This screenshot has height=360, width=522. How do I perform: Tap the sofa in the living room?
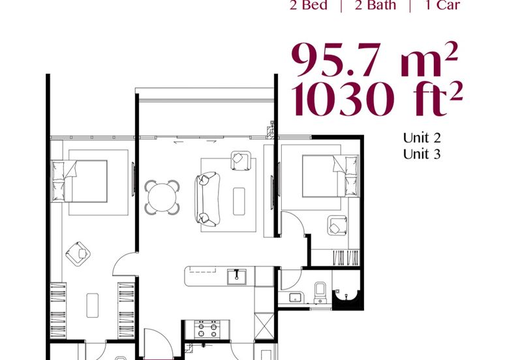click(207, 199)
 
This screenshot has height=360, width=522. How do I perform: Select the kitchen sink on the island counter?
click(237, 277)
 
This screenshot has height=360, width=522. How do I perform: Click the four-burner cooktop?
click(207, 329)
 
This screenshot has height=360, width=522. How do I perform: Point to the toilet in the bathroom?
click(320, 292)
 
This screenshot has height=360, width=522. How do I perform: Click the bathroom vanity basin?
click(296, 297)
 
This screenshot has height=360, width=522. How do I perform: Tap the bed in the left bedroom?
click(79, 181)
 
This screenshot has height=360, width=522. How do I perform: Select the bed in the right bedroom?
click(330, 176)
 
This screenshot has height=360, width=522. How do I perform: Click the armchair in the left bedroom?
click(78, 254)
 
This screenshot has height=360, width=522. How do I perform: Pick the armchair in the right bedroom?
click(337, 226)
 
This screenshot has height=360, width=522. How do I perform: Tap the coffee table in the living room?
click(239, 202)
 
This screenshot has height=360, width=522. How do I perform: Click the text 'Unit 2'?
click(422, 138)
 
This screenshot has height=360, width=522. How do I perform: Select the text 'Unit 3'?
click(422, 154)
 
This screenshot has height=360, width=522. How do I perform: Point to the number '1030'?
click(343, 99)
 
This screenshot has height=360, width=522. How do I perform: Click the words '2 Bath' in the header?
click(376, 5)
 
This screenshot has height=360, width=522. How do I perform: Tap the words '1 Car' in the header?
click(442, 5)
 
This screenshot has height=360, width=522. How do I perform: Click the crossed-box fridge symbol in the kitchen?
click(264, 326)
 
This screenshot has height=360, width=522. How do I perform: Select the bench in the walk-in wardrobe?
click(93, 305)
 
